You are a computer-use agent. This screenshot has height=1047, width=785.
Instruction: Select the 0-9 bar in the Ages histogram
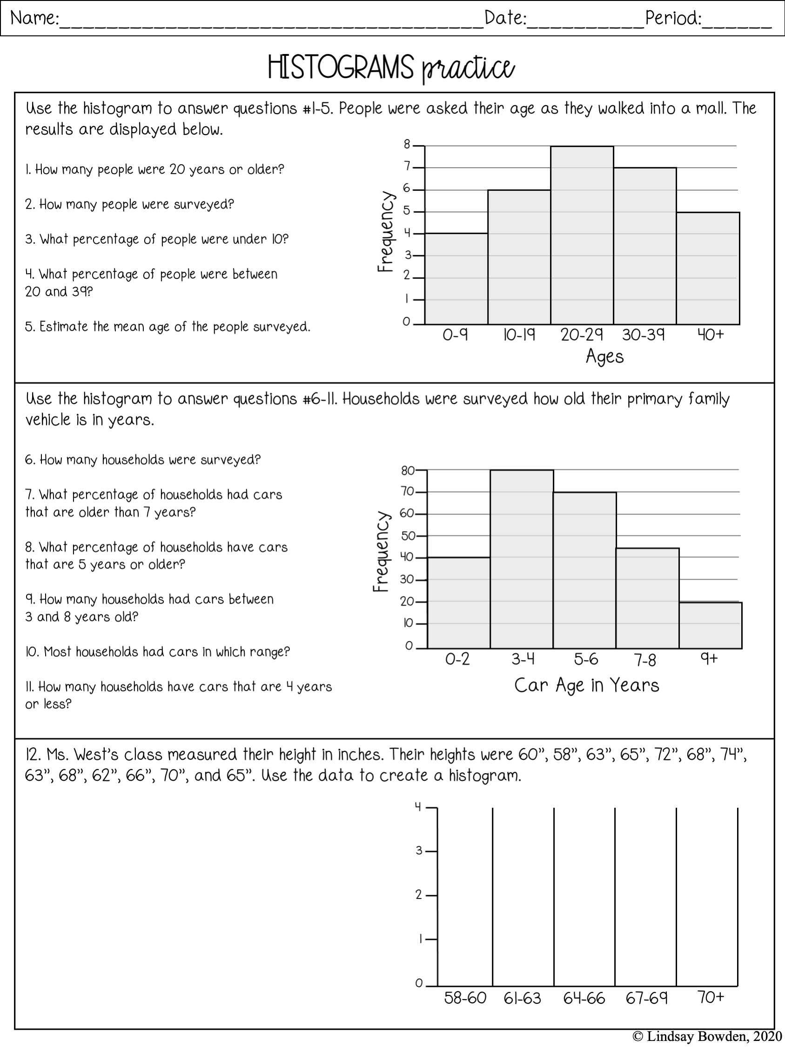[x=456, y=279]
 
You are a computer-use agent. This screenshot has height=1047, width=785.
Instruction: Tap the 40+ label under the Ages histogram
[x=711, y=335]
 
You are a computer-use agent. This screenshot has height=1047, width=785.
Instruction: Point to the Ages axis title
[x=604, y=357]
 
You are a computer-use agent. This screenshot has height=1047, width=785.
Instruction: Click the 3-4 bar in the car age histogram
[x=522, y=559]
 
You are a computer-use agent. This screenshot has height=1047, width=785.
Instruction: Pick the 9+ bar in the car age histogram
[x=710, y=625]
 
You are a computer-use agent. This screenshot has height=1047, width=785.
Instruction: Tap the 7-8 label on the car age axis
[x=645, y=660]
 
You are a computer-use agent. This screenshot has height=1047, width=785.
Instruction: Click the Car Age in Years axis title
[x=586, y=685]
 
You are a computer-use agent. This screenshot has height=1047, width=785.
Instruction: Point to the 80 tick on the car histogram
[x=408, y=471]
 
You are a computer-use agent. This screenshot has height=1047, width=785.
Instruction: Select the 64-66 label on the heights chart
[x=584, y=998]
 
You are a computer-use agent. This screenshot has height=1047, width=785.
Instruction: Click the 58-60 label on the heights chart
[x=465, y=998]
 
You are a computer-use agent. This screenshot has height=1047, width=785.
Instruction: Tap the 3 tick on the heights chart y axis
[x=419, y=851]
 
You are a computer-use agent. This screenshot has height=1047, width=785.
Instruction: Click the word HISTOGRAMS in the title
[x=341, y=67]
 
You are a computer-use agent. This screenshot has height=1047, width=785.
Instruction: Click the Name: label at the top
[x=34, y=19]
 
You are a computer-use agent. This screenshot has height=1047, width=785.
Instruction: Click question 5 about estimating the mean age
[x=168, y=327]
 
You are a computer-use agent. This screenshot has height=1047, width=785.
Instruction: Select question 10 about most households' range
[x=157, y=652]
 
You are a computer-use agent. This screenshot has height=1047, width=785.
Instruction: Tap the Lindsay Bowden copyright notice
[x=707, y=1037]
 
